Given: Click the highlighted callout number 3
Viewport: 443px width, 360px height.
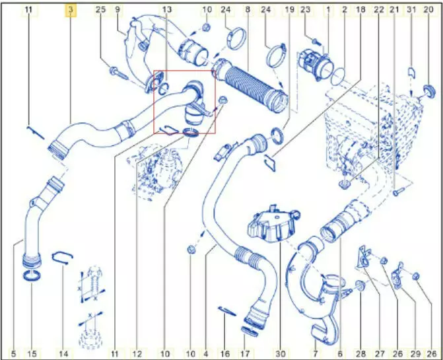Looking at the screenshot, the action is pos(71,10).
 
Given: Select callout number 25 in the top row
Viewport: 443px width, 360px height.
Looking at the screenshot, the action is pos(100,10).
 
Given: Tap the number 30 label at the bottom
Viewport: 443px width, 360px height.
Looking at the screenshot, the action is pos(281,353).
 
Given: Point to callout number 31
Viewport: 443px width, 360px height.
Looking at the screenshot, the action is pos(411,10).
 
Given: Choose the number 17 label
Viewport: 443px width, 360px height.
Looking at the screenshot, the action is pos(245,353).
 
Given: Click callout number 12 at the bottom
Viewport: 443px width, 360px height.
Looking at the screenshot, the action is pos(137,353).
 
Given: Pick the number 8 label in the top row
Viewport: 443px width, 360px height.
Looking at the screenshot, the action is pos(248,10).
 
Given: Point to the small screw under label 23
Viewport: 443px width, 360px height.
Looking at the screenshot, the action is pos(316,42).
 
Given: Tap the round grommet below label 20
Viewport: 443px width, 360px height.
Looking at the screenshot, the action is pos(429,92).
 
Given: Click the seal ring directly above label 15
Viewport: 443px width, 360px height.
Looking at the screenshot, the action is pos(32,275).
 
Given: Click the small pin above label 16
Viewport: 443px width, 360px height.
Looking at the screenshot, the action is pos(227,311).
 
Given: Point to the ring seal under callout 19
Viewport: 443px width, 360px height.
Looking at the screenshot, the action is pos(277,135).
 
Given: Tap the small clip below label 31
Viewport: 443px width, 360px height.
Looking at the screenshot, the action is pos(411,73).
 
